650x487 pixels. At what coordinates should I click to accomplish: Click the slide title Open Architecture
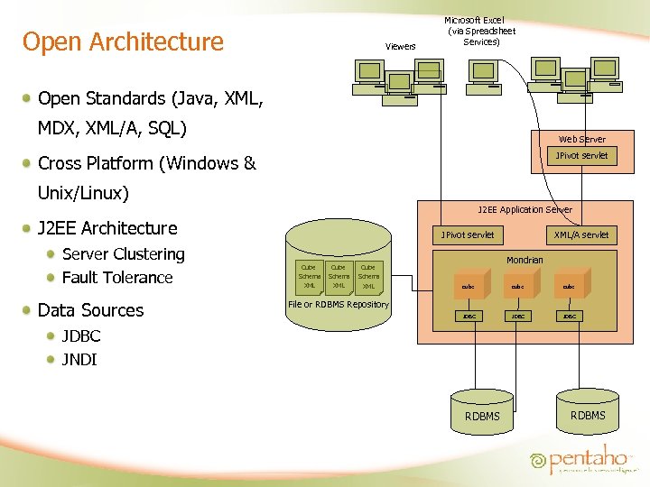(123, 41)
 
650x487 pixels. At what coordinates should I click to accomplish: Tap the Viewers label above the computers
(400, 46)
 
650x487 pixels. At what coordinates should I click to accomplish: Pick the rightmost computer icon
(604, 72)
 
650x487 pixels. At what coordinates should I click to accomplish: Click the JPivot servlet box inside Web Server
(581, 156)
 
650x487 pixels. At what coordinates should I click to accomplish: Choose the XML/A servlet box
(580, 234)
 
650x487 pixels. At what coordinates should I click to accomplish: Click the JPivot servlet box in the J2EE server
(468, 234)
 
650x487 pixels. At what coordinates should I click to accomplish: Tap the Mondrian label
(525, 260)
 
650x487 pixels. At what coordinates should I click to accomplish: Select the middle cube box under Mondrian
(517, 286)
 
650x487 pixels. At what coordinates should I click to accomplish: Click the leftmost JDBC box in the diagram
(469, 317)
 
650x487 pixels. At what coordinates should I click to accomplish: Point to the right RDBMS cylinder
(588, 407)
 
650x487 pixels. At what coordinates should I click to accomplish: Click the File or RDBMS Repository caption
(338, 305)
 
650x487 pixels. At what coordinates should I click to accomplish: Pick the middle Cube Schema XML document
(339, 276)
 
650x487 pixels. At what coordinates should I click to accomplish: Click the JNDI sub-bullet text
(79, 360)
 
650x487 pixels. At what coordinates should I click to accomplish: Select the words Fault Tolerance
(117, 278)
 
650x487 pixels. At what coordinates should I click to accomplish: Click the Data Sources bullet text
(90, 310)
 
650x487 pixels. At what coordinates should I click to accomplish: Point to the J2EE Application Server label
(525, 209)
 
